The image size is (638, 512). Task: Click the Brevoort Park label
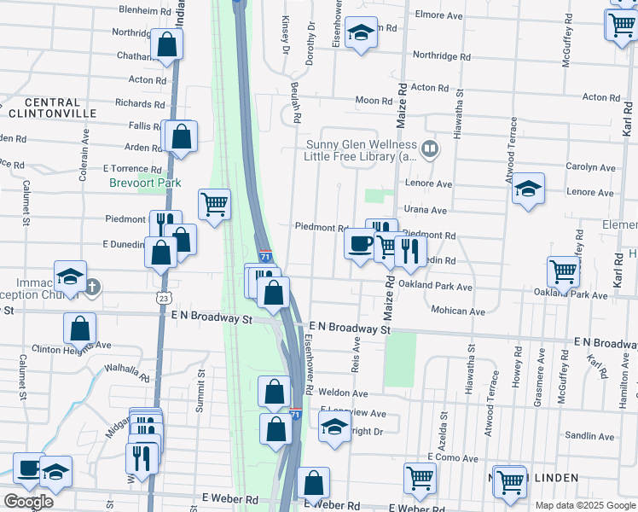click(133, 183)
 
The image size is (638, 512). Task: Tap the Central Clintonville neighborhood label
click(46, 108)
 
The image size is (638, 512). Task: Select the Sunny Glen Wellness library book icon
click(431, 150)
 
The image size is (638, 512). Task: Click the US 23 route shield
click(163, 297)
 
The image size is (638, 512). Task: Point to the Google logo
click(28, 502)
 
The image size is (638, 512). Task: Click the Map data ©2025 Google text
click(584, 505)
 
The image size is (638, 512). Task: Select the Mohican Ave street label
click(458, 311)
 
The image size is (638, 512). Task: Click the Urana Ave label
click(426, 210)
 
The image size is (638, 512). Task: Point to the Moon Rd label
click(374, 101)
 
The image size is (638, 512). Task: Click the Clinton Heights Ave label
click(72, 346)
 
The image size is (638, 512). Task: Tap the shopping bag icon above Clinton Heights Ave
click(79, 327)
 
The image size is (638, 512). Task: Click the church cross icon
click(93, 287)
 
